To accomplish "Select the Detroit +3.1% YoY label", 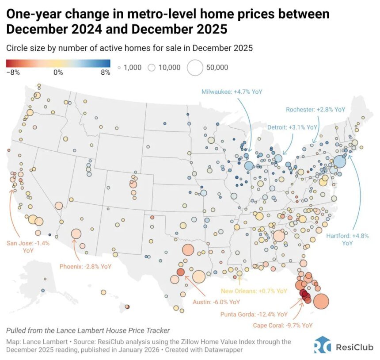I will coord(293,127).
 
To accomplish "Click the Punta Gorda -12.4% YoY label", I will coord(254,314).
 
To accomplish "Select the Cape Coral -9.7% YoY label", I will coord(283,325).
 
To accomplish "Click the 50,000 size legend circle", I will coord(195,68).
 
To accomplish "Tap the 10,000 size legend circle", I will coord(152,68).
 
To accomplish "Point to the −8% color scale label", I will coord(13,73).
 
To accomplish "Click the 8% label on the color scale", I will coord(105,73).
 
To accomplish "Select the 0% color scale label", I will coord(58,73).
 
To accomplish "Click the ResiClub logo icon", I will coord(322,345).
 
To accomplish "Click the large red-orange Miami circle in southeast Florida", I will coord(321,301).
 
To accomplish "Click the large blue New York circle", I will coord(339,161).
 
